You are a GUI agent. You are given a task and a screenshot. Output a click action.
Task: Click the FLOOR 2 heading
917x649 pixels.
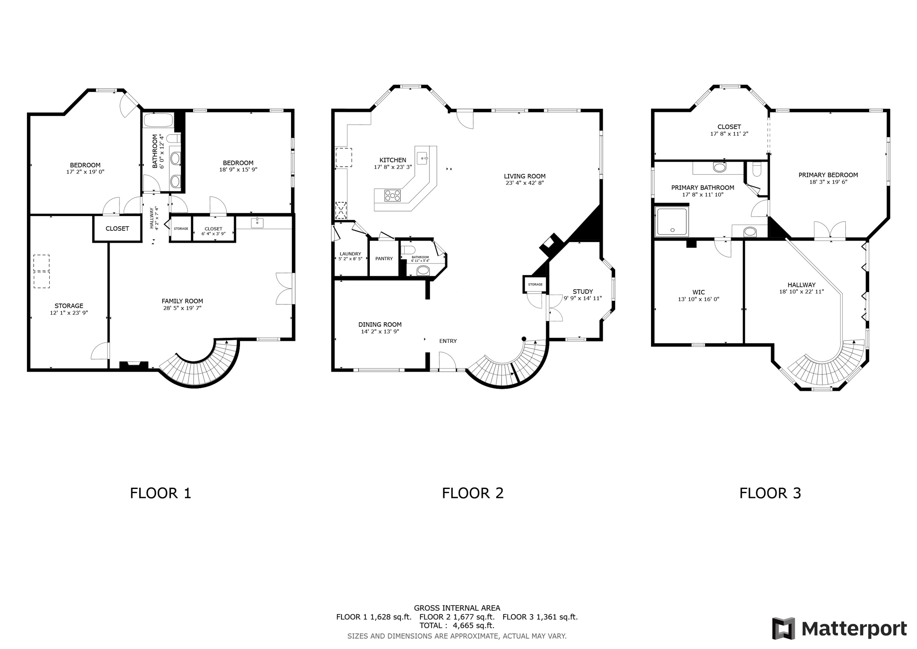pyautogui.click(x=472, y=493)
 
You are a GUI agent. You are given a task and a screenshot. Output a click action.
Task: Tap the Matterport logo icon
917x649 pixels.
pyautogui.click(x=784, y=628)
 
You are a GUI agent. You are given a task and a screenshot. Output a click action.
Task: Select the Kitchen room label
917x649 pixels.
pyautogui.click(x=393, y=160)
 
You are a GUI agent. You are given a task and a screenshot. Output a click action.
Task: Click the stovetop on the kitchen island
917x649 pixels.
pyautogui.click(x=393, y=195)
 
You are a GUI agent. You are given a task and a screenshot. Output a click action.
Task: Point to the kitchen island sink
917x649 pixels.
pyautogui.click(x=422, y=158)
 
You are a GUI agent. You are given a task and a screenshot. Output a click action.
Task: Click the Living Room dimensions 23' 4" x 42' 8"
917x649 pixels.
pyautogui.click(x=524, y=183)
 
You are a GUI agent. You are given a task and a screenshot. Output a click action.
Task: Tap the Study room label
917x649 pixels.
pyautogui.click(x=583, y=291)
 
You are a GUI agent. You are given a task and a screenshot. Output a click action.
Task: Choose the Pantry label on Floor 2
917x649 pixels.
pyautogui.click(x=384, y=259)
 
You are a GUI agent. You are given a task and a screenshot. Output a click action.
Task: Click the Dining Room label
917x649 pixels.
pyautogui.click(x=380, y=324)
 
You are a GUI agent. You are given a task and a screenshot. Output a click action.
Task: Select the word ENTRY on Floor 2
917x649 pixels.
pyautogui.click(x=448, y=341)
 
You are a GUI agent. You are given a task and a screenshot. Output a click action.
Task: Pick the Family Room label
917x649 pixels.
pyautogui.click(x=182, y=301)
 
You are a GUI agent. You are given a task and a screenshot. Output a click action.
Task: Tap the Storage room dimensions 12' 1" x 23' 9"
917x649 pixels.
pyautogui.click(x=69, y=313)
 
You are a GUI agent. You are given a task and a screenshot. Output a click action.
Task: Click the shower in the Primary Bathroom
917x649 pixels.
pyautogui.click(x=672, y=221)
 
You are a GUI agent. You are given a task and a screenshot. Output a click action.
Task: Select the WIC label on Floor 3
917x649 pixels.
pyautogui.click(x=698, y=292)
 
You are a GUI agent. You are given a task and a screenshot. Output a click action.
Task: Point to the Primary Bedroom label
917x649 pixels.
pyautogui.click(x=828, y=175)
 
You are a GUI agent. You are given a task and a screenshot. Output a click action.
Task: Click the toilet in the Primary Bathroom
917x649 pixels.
pyautogui.click(x=757, y=169)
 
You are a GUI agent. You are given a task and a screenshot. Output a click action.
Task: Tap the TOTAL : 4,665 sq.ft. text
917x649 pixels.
pyautogui.click(x=457, y=625)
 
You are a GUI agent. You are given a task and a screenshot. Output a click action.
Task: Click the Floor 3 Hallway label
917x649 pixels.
pyautogui.click(x=801, y=285)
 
